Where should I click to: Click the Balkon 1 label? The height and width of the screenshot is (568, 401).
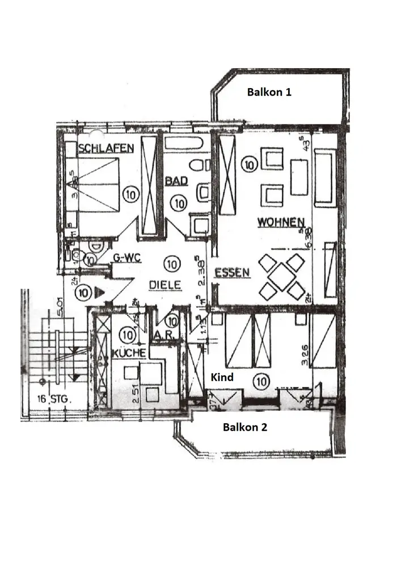pos(269,92)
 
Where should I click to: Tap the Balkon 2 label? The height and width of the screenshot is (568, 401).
pos(244,428)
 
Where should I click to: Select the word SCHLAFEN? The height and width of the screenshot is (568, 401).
pos(106,149)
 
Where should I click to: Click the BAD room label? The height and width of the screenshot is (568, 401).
pos(176,181)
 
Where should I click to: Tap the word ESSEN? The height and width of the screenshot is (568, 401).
pos(232,273)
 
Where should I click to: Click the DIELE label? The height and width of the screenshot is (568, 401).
pos(165,285)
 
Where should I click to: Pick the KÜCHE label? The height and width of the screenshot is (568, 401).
pos(129,353)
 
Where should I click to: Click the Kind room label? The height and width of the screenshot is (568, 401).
pos(222,377)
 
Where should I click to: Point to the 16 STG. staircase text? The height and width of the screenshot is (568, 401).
pos(52,399)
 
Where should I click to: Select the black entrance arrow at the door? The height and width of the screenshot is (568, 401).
pos(99,293)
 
